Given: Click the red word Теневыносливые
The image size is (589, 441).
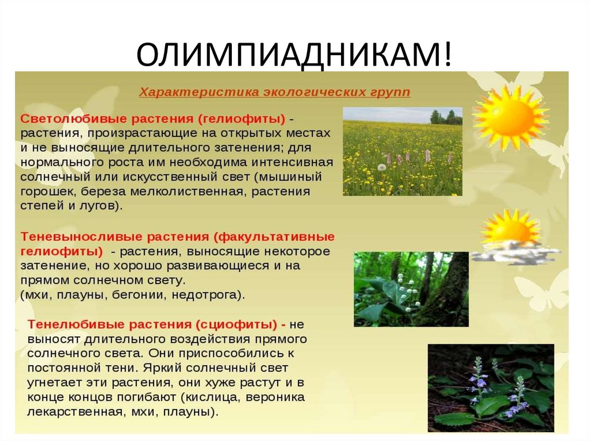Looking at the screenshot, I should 67,237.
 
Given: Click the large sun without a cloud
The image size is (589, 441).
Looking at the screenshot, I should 511,117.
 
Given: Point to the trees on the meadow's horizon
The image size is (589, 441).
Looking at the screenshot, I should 446,117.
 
